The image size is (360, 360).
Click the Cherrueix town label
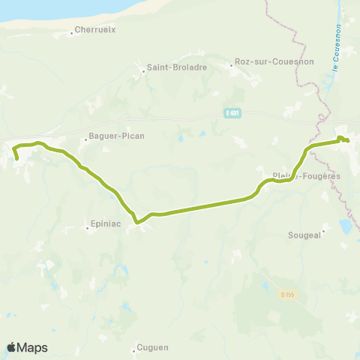(x=94, y=31)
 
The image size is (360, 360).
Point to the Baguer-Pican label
(x=116, y=136)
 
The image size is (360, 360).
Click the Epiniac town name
(x=103, y=223)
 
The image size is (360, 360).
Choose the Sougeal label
(x=304, y=234)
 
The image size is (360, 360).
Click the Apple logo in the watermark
(x=11, y=347)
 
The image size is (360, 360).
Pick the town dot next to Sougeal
(x=323, y=230)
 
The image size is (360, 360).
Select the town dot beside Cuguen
(x=134, y=348)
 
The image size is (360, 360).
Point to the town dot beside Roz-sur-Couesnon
(x=232, y=65)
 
